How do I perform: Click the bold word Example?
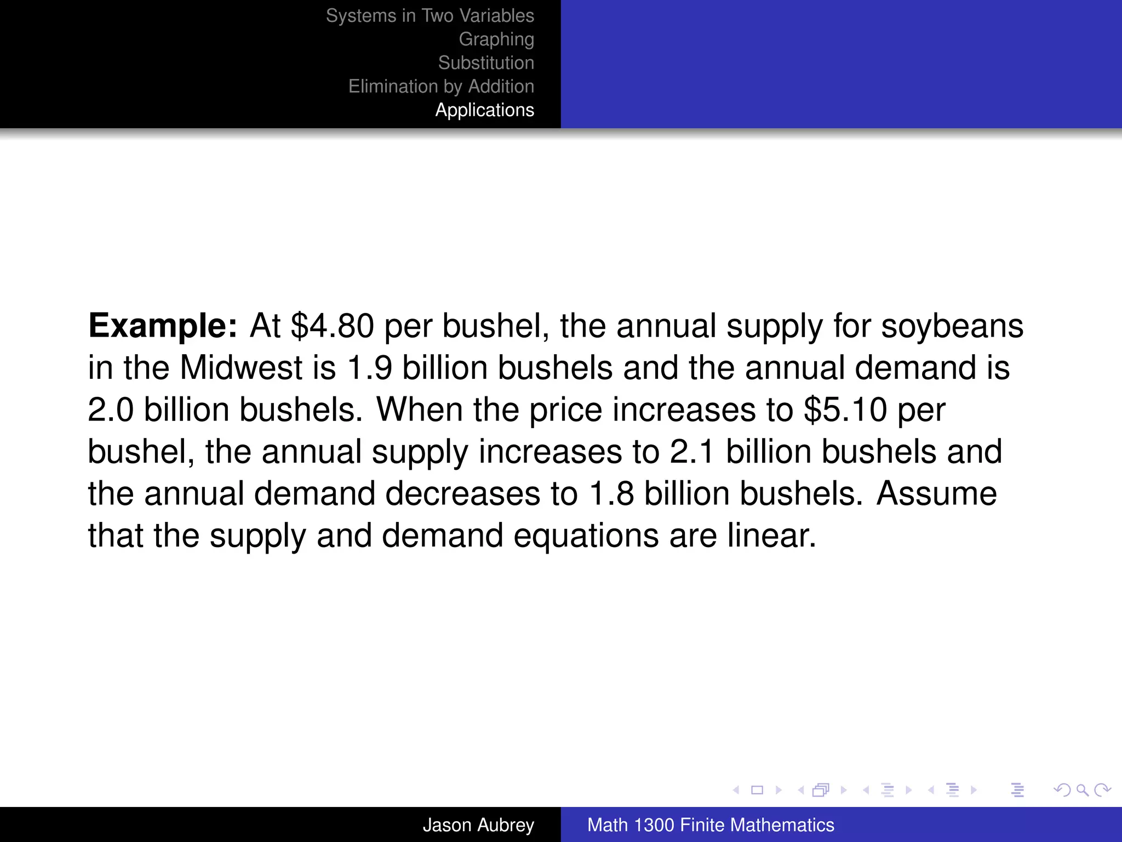coord(163,326)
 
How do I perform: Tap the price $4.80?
coord(333,326)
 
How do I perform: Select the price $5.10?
coord(845,410)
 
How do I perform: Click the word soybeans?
coord(952,326)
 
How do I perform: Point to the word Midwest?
coord(241,368)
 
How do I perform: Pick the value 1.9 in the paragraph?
coord(370,368)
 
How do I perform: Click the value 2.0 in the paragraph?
coord(111,410)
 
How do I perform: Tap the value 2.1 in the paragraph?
coord(692,452)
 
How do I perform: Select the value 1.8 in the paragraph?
coord(611,494)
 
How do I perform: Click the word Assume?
coord(936,494)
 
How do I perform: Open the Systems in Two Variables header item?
coord(430,16)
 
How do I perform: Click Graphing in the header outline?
coord(496,39)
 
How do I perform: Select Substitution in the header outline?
coord(486,63)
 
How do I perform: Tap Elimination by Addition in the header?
coord(441,87)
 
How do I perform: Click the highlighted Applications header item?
coord(484,110)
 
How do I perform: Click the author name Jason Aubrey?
coord(478,825)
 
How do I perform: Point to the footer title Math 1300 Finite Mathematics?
coord(711,825)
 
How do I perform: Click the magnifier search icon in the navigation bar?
coord(1082,790)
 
